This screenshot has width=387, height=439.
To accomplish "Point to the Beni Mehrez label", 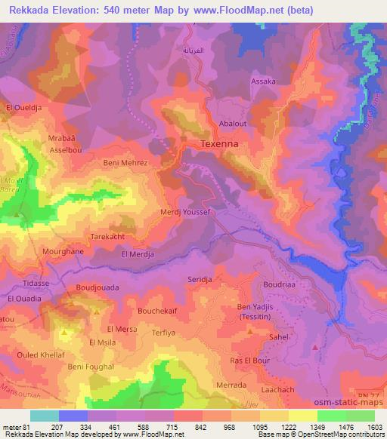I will coord(125,161).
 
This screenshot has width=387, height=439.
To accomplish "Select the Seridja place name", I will coord(202,279).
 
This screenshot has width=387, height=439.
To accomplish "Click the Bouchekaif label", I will coord(157,309).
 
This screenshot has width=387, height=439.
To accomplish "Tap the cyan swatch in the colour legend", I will coord(45,416).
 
